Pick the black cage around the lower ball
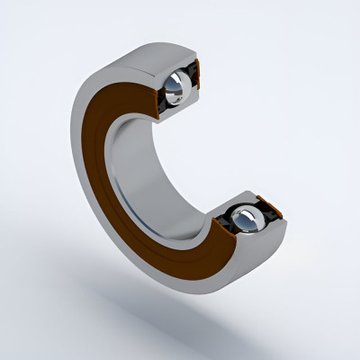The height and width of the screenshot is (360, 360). click(x=224, y=222)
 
